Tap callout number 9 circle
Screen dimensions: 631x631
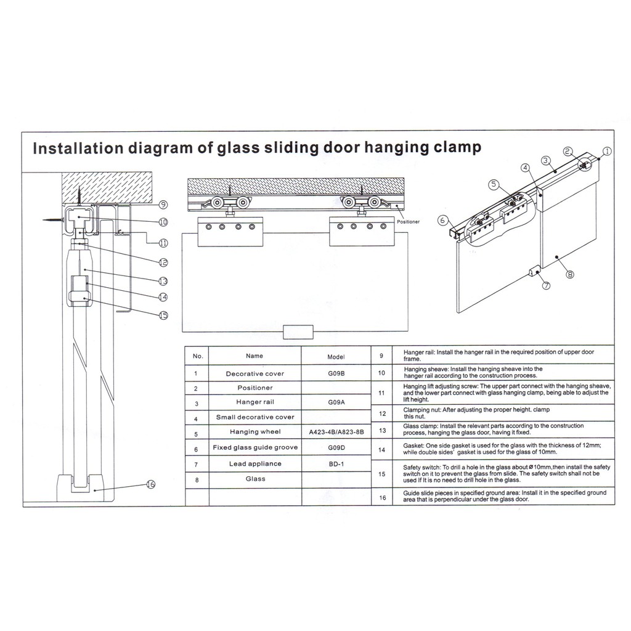pos(163,205)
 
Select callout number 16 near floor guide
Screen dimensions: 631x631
pos(151,484)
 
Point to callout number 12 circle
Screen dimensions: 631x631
pos(163,262)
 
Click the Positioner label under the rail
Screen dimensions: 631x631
pos(408,221)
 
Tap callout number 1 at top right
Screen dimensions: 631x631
pos(606,150)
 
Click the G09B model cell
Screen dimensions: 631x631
pos(336,373)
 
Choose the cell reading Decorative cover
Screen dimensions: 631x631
pos(254,373)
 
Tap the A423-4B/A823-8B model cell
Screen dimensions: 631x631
pos(336,432)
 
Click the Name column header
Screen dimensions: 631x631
pos(254,356)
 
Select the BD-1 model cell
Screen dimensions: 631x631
pos(336,463)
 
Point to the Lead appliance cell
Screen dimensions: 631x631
pos(254,463)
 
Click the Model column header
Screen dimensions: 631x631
pos(336,356)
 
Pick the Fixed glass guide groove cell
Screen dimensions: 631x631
pos(254,447)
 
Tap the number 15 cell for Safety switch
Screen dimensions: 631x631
pos(382,474)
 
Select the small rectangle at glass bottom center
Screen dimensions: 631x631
pos(298,332)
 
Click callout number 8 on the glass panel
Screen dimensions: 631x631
pos(569,274)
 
